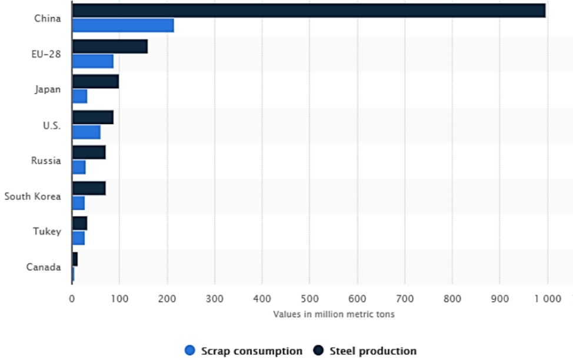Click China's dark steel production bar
309,11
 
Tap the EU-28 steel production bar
110,46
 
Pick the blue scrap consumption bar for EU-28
92,61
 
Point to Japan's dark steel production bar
95,82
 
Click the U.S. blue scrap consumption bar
86,132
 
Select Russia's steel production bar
89,153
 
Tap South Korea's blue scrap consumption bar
78,204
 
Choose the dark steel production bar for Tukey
79,224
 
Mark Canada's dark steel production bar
75,259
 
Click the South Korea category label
32,196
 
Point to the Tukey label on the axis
47,231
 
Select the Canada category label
44,267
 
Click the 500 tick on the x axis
309,298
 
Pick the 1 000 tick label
547,298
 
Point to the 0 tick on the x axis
72,298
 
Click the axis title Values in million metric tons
334,314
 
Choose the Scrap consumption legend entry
244,351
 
